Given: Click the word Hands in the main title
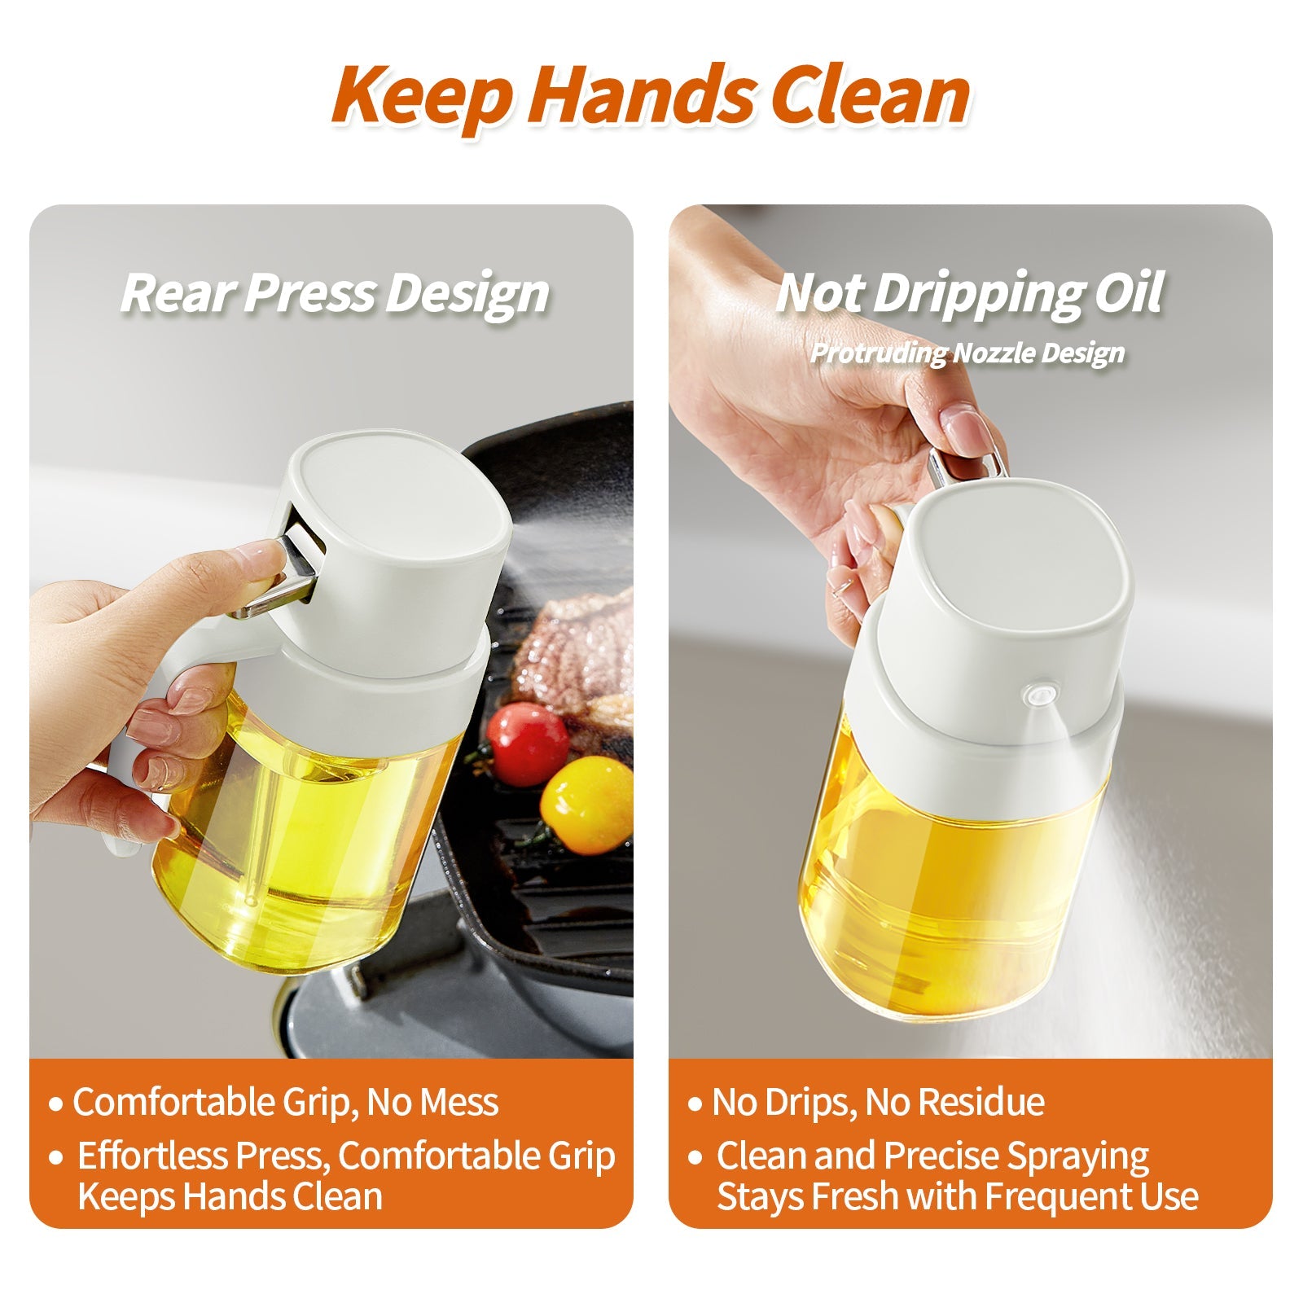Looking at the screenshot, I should pyautogui.click(x=642, y=95).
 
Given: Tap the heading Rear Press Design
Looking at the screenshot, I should pyautogui.click(x=335, y=292).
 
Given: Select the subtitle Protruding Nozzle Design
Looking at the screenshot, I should pyautogui.click(x=967, y=353).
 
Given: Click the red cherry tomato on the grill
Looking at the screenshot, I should pyautogui.click(x=529, y=743).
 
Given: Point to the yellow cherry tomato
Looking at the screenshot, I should pyautogui.click(x=587, y=804).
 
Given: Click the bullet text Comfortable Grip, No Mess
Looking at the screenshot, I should pyautogui.click(x=285, y=1103).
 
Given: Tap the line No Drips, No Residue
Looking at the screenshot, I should pyautogui.click(x=878, y=1103).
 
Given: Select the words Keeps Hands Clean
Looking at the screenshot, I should pyautogui.click(x=230, y=1196).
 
